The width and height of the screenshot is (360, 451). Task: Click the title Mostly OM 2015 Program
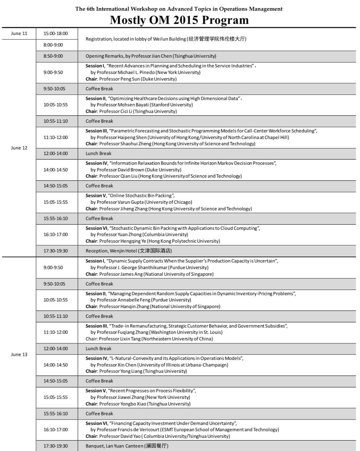tap(179, 20)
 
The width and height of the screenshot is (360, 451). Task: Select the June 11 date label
tap(19, 33)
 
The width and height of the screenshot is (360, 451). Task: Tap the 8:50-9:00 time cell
tap(53, 56)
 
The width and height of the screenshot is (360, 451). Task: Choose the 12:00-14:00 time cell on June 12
tap(56, 153)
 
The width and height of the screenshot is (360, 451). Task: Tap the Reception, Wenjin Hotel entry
tap(129, 251)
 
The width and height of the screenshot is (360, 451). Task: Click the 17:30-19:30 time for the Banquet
tap(56, 446)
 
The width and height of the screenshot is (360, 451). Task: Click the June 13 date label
tap(19, 354)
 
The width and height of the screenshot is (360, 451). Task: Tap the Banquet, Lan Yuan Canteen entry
tap(127, 446)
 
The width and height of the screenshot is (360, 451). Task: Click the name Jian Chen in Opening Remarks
tap(162, 56)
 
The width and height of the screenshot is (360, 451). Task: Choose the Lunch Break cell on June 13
tap(99, 349)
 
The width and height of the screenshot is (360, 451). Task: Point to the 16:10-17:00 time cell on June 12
tap(56, 234)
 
